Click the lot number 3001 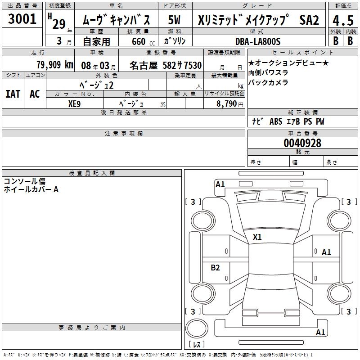click(22, 19)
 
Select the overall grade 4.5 click(343, 20)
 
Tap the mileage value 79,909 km click(55, 65)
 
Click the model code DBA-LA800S click(258, 41)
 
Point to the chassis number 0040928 click(302, 143)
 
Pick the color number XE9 click(74, 104)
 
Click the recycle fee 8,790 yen click(230, 104)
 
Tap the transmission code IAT click(13, 94)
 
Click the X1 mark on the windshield click(257, 237)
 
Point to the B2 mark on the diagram click(215, 267)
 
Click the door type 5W click(174, 20)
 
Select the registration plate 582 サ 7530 click(182, 65)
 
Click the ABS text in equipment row click(276, 121)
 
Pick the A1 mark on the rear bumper click(320, 332)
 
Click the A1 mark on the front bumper click(220, 184)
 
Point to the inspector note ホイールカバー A click(31, 189)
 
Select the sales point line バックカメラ click(268, 82)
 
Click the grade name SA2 click(309, 20)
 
